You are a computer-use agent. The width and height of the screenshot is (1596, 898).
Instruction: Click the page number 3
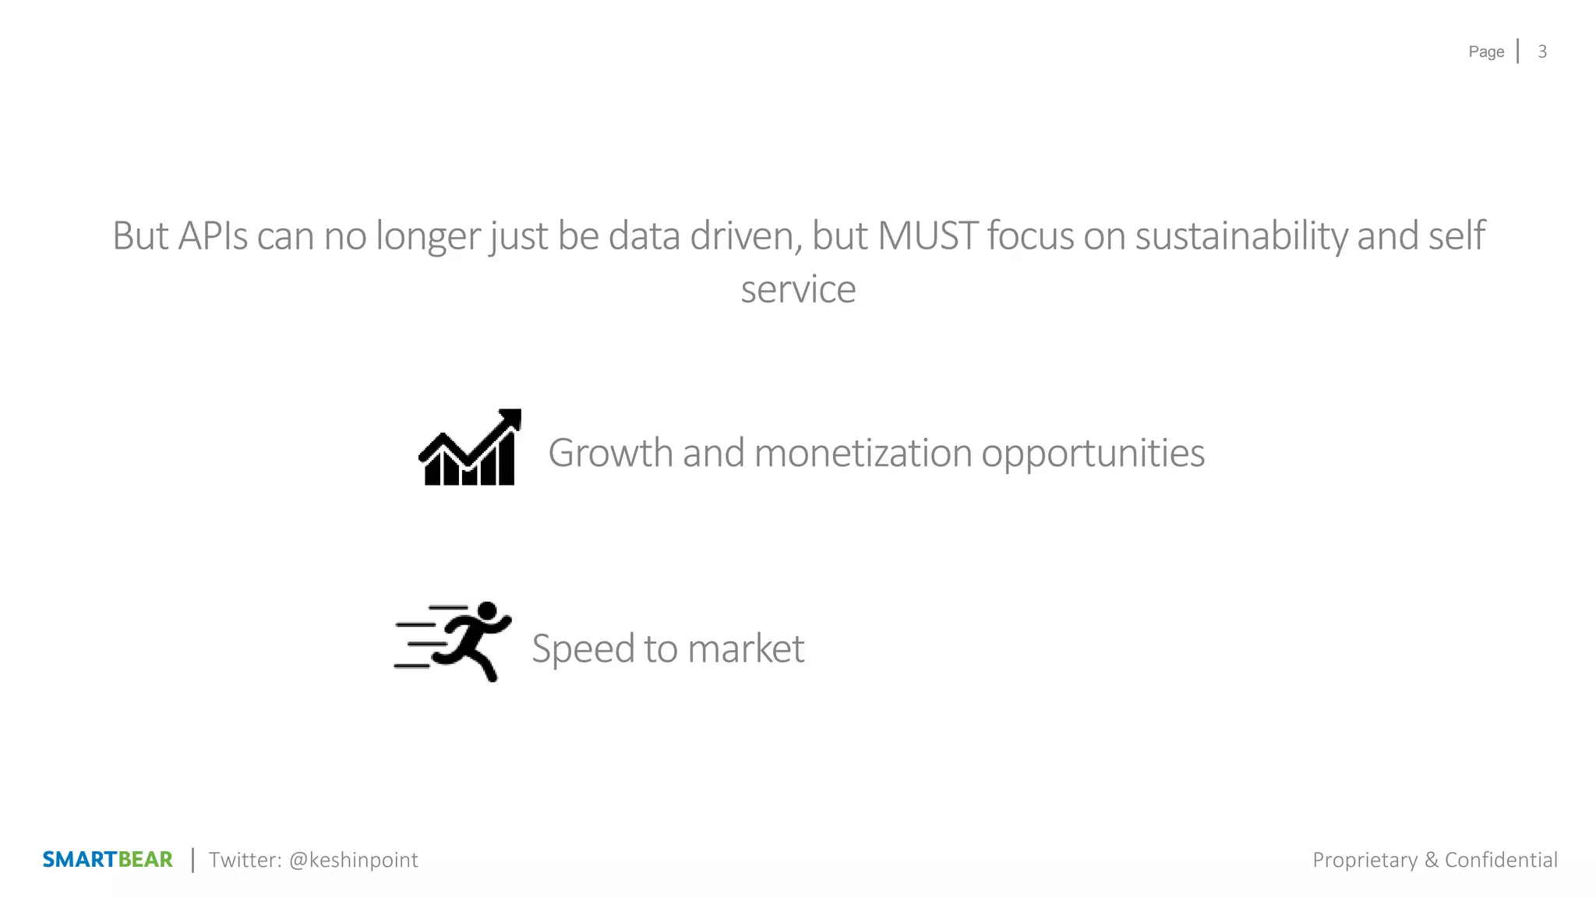tap(1541, 51)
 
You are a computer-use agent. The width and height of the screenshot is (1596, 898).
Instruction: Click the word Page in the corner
tap(1486, 51)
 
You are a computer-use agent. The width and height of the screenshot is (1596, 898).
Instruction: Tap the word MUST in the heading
tap(927, 235)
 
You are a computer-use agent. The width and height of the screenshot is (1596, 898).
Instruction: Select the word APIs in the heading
tap(213, 235)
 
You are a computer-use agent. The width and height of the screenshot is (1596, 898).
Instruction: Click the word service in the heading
tap(798, 289)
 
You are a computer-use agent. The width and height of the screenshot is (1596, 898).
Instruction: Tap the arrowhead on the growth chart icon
tap(511, 419)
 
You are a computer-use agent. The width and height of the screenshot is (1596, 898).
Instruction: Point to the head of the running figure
tap(487, 611)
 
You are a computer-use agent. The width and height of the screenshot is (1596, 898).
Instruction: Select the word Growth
tap(610, 453)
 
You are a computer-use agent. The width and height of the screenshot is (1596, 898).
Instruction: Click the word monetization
tap(863, 453)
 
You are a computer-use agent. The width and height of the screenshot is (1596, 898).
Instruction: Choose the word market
tap(746, 649)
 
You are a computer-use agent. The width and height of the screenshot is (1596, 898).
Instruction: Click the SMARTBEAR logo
tap(108, 860)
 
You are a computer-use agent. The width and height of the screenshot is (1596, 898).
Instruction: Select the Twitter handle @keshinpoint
tap(353, 860)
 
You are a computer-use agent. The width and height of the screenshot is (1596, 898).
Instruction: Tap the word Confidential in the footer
tap(1501, 860)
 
